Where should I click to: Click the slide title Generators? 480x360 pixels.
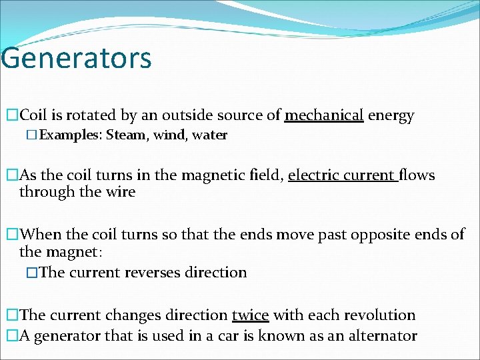pos(76,57)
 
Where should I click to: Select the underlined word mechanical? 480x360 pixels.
pos(324,115)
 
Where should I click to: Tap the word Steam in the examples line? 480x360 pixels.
pos(126,135)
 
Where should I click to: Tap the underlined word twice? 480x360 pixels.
pos(250,315)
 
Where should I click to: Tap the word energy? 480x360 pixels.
pos(391,115)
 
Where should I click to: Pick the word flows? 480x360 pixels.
pos(417,175)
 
